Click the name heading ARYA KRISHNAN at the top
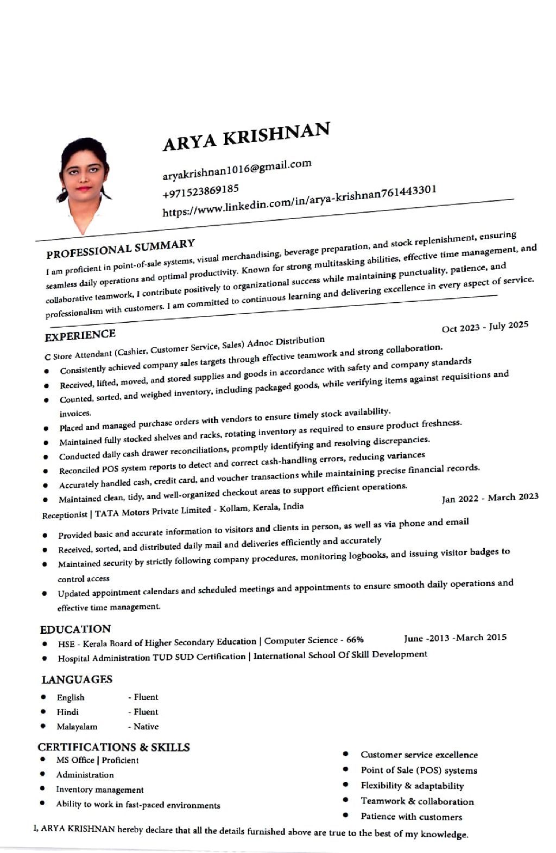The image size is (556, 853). [246, 136]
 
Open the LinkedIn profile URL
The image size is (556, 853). [299, 201]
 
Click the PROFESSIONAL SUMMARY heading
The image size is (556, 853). [121, 249]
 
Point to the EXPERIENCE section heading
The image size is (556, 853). [80, 336]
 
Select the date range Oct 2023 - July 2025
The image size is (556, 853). [485, 327]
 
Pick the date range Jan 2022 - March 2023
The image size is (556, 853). [490, 498]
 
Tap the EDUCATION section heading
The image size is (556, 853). [75, 629]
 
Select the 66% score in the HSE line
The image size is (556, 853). [355, 640]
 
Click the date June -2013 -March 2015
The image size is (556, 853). [455, 638]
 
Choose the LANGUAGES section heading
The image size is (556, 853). [77, 679]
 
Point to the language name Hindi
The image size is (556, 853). [68, 712]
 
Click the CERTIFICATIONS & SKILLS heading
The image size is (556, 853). [114, 747]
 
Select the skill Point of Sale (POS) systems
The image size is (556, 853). [419, 771]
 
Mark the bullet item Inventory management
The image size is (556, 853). [100, 790]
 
